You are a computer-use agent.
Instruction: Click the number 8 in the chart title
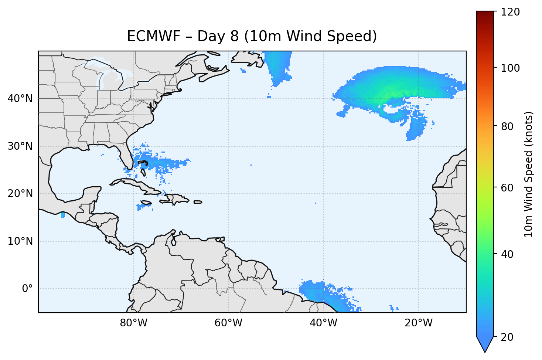point(234,36)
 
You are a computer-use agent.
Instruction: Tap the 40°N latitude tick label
point(20,99)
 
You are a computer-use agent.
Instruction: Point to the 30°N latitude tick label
point(20,146)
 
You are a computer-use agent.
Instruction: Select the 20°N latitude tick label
point(20,194)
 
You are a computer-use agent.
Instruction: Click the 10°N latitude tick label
point(20,241)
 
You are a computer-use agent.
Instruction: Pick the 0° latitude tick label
point(27,289)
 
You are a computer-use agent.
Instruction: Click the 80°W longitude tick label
point(133,323)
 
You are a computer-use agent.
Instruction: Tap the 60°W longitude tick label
point(228,323)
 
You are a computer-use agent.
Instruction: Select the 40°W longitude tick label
point(323,323)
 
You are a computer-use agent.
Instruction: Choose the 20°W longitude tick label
point(419,323)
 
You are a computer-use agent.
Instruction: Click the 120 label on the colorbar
point(510,12)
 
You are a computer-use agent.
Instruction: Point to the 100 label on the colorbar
point(510,68)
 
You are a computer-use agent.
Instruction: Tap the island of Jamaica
point(146,203)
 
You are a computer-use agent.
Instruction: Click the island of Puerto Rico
point(198,202)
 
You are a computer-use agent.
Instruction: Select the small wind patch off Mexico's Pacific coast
point(63,215)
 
